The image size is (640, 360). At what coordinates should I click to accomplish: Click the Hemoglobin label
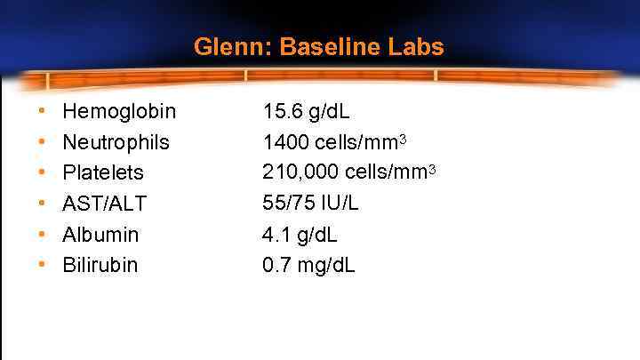pos(119,112)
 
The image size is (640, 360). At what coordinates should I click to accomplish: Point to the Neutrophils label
pos(116,142)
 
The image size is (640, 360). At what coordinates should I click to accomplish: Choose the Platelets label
pos(103,172)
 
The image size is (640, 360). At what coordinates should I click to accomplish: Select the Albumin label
pos(100,235)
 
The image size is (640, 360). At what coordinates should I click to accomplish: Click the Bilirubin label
pos(100,265)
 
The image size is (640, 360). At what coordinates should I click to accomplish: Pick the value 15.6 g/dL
pos(307,112)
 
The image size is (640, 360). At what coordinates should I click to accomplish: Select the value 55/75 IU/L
pos(311,203)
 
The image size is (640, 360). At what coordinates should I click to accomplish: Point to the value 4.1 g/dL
pos(300,235)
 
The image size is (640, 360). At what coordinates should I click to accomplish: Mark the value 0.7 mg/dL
pos(308,265)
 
